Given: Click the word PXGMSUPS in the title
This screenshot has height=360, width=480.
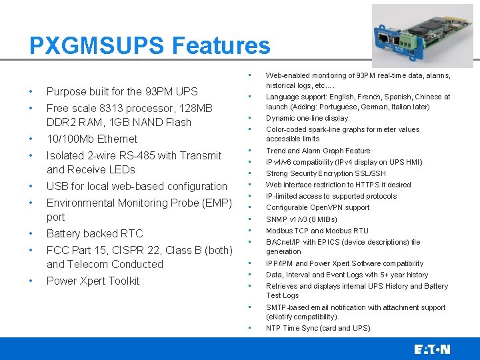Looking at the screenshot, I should coord(97,46).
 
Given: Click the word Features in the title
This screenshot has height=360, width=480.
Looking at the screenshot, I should coord(221,46).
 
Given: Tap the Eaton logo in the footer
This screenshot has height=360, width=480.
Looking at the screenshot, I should coord(432,349).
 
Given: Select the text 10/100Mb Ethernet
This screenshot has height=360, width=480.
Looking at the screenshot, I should coord(92,139).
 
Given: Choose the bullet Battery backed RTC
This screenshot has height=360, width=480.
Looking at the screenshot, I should coord(95,233).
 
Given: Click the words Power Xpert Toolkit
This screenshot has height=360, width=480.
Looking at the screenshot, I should coord(93,281).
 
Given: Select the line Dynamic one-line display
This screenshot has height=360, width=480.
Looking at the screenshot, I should coord(307,118).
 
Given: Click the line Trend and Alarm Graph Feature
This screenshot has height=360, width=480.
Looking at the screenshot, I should coord(318,151).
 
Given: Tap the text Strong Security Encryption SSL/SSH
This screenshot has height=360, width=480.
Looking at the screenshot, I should coord(326,173).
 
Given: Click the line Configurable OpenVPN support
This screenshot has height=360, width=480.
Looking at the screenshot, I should coord(317,207).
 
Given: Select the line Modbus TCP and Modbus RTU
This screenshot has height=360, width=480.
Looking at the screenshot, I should coord(317,231).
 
